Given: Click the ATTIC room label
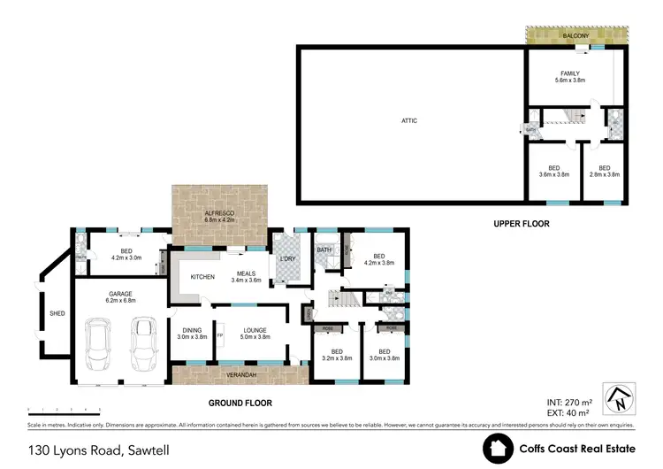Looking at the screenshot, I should [408, 120].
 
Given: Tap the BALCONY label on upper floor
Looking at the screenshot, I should [576, 36].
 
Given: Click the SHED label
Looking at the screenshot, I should [57, 312].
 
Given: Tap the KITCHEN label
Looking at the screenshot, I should [203, 277].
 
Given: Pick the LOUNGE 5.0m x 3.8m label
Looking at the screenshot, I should [250, 334].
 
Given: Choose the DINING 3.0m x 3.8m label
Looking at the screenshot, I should [193, 334].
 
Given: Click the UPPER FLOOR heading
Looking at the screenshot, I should [521, 224].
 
